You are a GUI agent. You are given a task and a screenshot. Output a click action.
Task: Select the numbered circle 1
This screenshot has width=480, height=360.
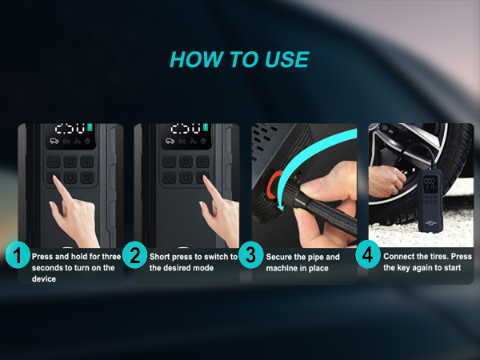tap(16, 256)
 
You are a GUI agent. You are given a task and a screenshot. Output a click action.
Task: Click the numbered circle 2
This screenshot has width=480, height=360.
tap(134, 256)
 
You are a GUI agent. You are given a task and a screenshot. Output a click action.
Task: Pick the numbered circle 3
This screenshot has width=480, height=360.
tap(252, 256)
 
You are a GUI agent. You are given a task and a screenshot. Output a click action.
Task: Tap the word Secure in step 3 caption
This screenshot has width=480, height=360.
tap(281, 257)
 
